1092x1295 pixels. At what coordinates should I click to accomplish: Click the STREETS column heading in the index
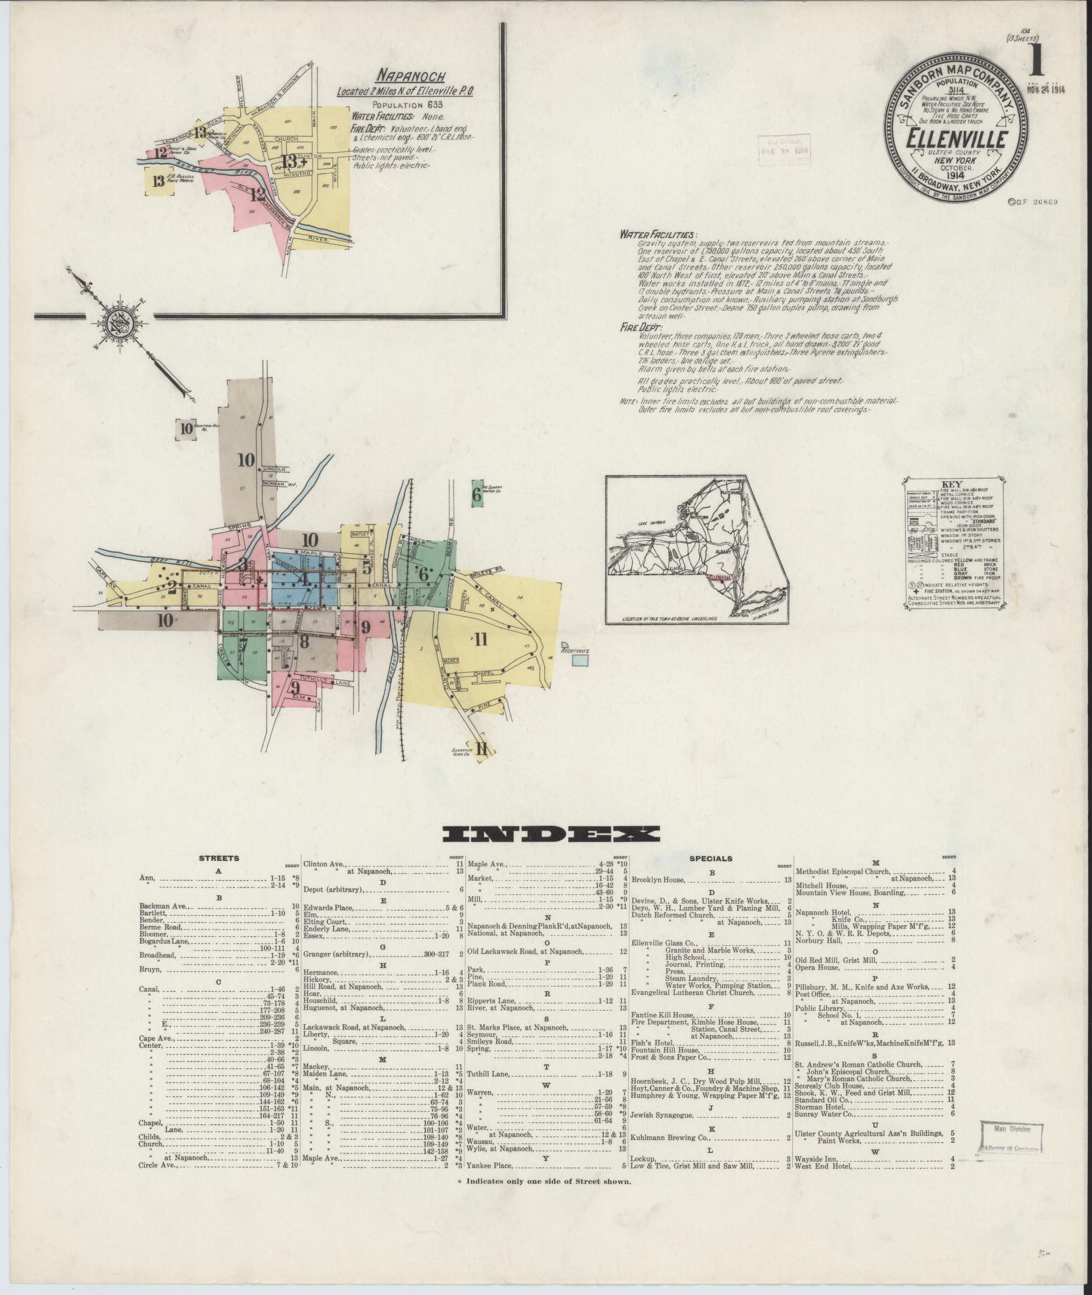(x=218, y=858)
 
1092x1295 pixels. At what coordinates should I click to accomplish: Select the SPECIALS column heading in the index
(x=710, y=858)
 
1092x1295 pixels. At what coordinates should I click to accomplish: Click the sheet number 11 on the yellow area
(x=481, y=639)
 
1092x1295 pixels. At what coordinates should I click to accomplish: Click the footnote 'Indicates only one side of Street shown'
(x=549, y=1181)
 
